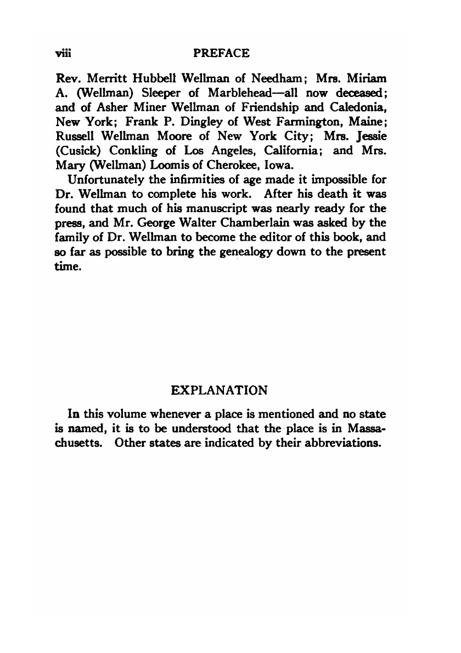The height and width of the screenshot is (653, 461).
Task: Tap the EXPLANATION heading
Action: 220,390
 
